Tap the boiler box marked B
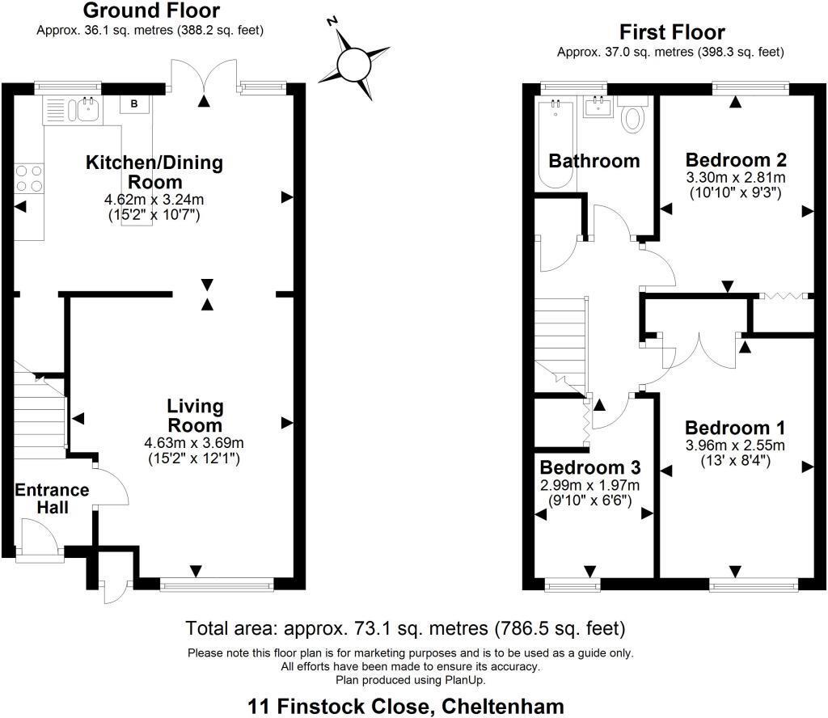click(x=133, y=103)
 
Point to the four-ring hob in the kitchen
click(x=28, y=177)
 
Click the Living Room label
click(x=195, y=416)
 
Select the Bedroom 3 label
click(x=590, y=467)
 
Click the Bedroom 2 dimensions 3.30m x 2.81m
click(x=735, y=177)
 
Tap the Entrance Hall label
click(x=52, y=499)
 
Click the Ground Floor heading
click(x=150, y=11)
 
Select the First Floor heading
click(x=672, y=32)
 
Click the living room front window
click(x=217, y=582)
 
